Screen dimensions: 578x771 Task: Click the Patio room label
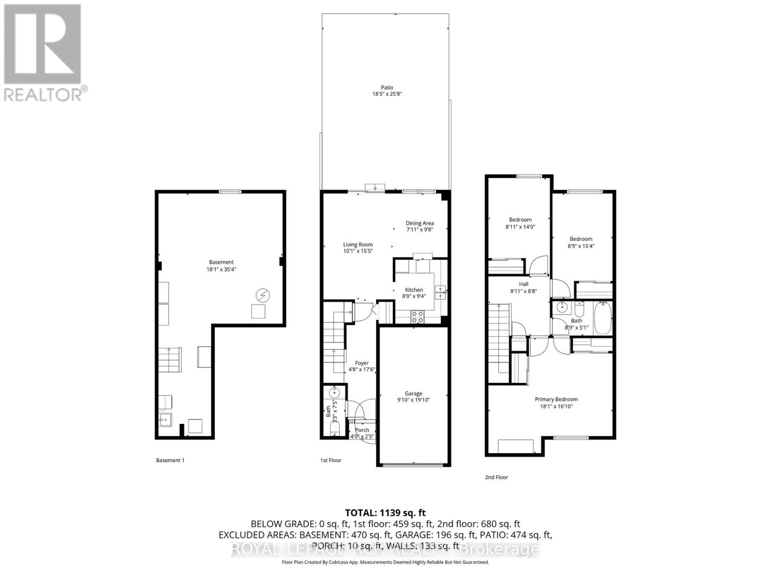tap(387, 88)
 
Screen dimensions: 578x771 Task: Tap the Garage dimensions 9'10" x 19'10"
tap(413, 400)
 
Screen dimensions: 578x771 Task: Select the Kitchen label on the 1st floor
tap(414, 290)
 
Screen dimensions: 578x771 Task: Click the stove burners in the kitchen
tap(417, 316)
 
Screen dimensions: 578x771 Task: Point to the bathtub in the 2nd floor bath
tap(603, 317)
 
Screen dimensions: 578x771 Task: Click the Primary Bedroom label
tap(556, 399)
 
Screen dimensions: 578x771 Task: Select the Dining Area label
tap(419, 223)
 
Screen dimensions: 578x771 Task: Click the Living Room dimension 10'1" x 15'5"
tap(358, 251)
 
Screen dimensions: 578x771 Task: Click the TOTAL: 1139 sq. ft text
tap(385, 513)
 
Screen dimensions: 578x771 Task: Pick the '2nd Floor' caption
tap(496, 477)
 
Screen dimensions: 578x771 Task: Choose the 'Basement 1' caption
tap(170, 460)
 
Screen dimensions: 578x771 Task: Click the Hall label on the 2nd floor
tap(523, 284)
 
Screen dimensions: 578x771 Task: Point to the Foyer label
tap(362, 363)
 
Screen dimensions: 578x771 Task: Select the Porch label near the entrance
tap(362, 430)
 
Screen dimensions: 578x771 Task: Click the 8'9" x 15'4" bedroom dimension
tap(581, 246)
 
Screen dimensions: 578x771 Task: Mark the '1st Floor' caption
tap(331, 460)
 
